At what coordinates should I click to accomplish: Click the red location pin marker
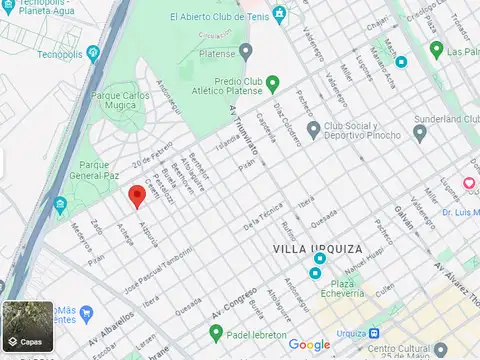click(x=137, y=196)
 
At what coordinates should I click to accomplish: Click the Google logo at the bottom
click(x=309, y=345)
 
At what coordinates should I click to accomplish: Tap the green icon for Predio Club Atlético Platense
click(x=273, y=82)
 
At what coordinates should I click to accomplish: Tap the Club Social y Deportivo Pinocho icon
click(x=313, y=129)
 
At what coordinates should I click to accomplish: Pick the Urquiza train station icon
click(x=373, y=333)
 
